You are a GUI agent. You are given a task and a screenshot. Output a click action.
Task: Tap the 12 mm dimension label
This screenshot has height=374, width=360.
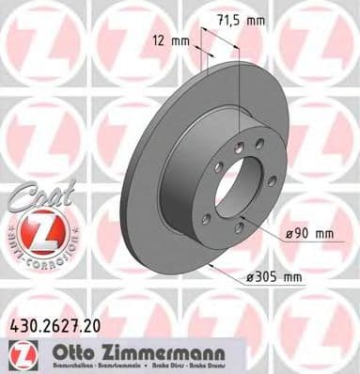click(x=170, y=39)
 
